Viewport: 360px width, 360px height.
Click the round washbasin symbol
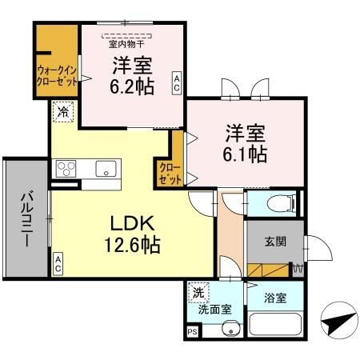(233, 327)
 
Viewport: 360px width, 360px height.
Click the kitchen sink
(105, 169)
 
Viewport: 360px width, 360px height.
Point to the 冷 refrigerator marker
(62, 113)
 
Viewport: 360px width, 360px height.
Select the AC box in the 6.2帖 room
(176, 82)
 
